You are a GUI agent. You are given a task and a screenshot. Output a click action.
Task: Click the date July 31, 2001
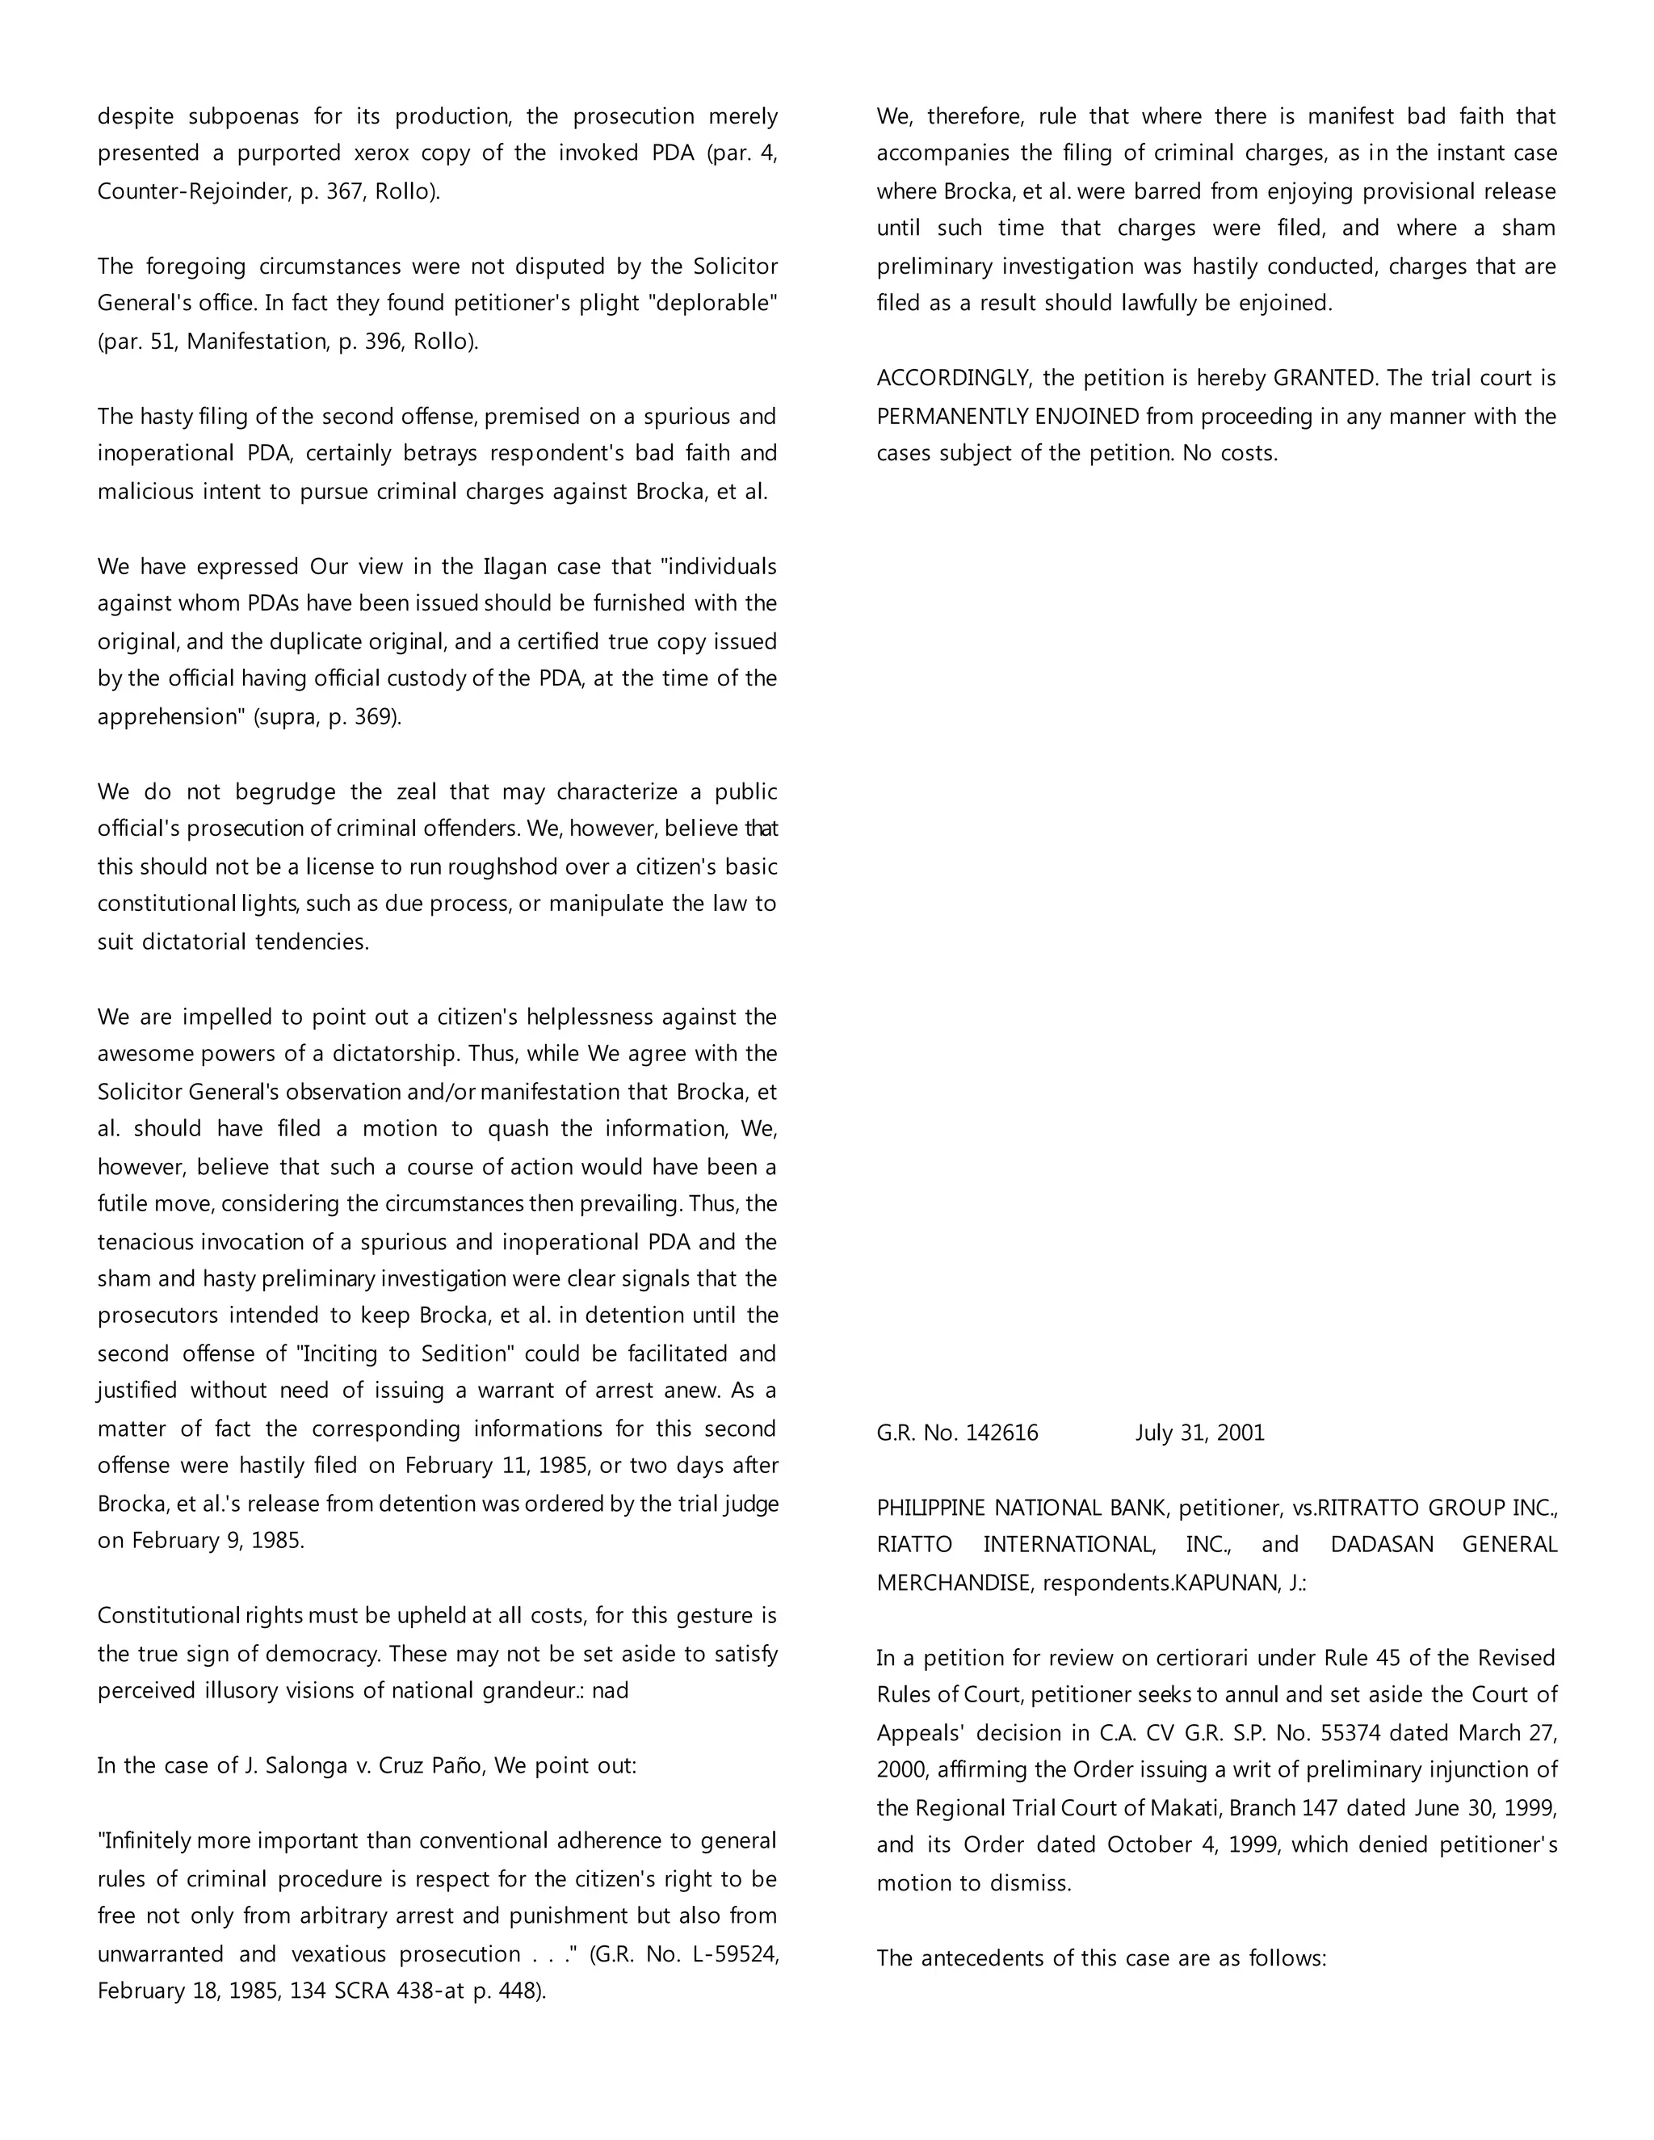click(x=1199, y=1433)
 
